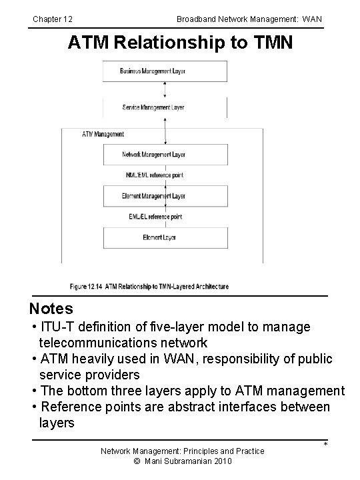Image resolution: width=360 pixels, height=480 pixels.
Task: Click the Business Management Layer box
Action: (x=164, y=71)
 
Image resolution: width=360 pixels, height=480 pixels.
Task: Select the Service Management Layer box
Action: (x=164, y=107)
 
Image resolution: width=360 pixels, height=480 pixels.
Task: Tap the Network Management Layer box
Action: (x=164, y=155)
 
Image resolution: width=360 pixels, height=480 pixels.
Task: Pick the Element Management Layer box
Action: (x=164, y=196)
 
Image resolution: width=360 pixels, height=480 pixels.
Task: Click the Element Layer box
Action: (x=164, y=237)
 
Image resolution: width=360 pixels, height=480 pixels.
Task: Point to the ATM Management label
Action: (x=103, y=134)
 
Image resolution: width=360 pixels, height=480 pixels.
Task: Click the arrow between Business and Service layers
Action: (x=164, y=89)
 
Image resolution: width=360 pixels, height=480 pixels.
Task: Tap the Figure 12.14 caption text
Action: (x=149, y=287)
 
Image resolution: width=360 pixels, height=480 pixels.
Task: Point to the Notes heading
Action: (x=51, y=309)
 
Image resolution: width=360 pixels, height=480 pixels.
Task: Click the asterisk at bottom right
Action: (x=325, y=445)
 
